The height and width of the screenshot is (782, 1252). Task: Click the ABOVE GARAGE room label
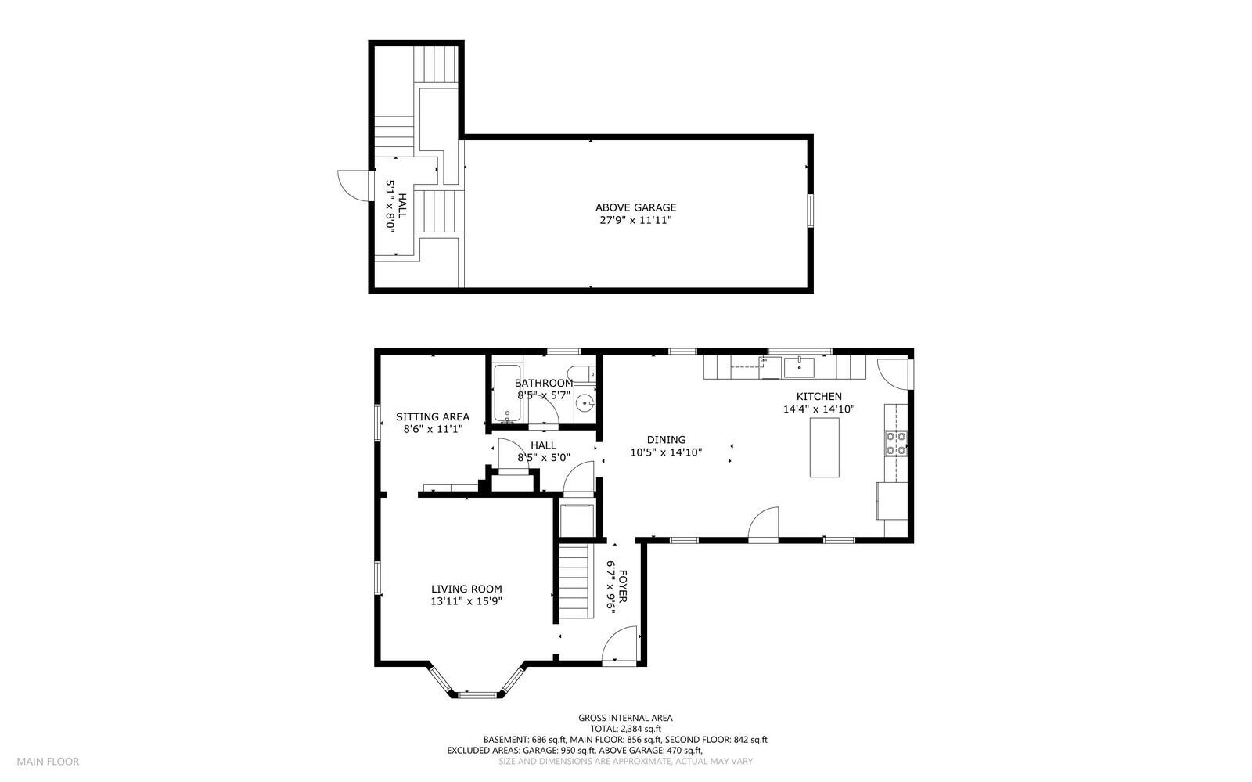tap(635, 207)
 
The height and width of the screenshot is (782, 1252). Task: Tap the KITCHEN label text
tap(818, 397)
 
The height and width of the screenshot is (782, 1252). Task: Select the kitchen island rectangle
tap(823, 447)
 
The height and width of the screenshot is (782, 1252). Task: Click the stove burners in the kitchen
tap(895, 443)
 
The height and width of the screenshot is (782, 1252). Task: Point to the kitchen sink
tap(800, 366)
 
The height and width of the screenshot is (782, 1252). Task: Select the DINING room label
tap(666, 440)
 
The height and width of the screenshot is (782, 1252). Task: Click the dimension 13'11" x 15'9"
tap(466, 601)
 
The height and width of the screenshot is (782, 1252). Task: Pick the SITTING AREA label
tap(432, 416)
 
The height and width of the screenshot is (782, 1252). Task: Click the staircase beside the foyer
tap(574, 581)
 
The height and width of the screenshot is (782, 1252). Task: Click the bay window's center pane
tap(477, 694)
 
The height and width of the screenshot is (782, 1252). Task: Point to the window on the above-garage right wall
tap(811, 211)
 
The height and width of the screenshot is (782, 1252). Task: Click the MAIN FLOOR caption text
tap(48, 761)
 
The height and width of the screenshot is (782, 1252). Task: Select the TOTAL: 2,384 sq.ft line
tap(624, 728)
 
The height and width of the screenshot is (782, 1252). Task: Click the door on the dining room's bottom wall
tap(764, 524)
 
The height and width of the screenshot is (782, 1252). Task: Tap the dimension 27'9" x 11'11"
tap(635, 221)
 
